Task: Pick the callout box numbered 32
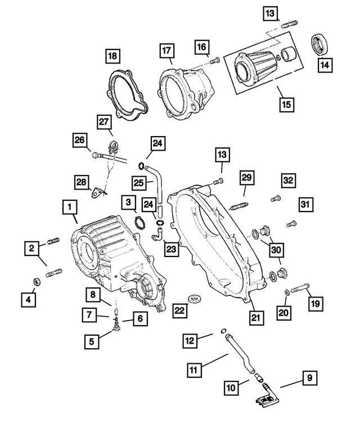289,180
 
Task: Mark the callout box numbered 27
104,122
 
